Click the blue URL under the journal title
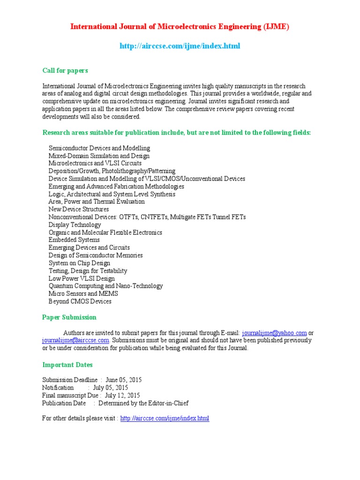pos(180,46)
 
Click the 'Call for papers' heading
pos(65,70)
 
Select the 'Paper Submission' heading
pos(69,317)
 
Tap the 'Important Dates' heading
pos(67,365)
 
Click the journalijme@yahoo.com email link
pos(274,333)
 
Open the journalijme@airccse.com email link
pos(76,340)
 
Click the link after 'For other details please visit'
pos(165,418)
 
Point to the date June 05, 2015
pos(123,380)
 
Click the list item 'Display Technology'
pos(75,225)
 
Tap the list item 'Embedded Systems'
pos(74,240)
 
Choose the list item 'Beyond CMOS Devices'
pos(80,301)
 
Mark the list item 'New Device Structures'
pos(79,209)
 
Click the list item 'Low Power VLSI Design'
pos(82,278)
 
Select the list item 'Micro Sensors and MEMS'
pos(83,293)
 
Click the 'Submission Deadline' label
pos(70,380)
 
